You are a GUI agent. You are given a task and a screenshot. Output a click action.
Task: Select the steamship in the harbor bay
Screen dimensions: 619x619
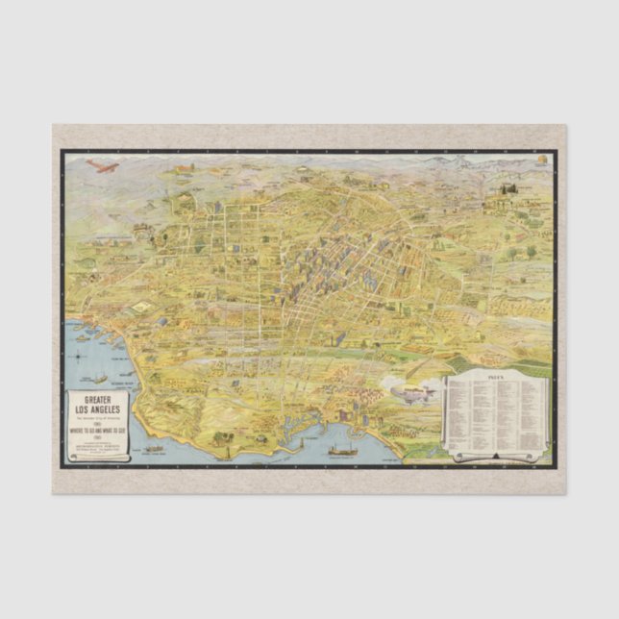(x=342, y=448)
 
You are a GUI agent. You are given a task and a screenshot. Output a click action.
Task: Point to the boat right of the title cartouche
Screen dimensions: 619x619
(x=154, y=448)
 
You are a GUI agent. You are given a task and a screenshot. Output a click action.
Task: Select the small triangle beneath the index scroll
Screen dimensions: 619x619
(x=496, y=452)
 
